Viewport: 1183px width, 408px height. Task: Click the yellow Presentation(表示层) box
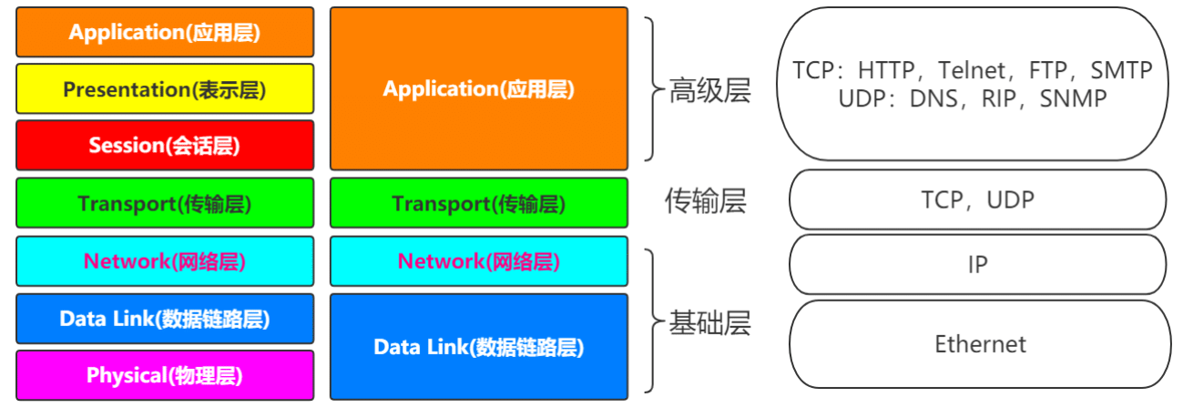click(165, 88)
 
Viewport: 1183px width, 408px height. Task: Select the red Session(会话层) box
click(165, 145)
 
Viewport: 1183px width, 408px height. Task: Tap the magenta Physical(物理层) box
click(165, 375)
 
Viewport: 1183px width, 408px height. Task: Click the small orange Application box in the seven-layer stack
click(165, 32)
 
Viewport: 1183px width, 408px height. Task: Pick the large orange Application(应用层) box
click(479, 88)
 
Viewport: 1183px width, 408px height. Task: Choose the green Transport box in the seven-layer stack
click(165, 203)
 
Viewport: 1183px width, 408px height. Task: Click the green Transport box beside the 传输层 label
click(479, 203)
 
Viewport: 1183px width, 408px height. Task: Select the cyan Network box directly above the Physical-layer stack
click(165, 261)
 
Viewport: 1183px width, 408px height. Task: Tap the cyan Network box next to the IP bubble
click(479, 261)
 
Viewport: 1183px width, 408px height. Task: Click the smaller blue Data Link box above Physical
click(165, 319)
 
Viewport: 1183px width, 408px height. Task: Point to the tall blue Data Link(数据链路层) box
click(479, 347)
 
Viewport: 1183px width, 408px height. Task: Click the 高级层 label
click(709, 90)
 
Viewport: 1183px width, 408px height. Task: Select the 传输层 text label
click(705, 200)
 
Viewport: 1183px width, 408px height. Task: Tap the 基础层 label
click(709, 322)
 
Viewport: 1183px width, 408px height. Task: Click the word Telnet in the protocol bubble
click(972, 70)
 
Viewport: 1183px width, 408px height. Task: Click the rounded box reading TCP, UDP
click(977, 199)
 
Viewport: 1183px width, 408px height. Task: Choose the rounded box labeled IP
click(977, 264)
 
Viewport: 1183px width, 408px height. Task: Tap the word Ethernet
click(980, 344)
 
